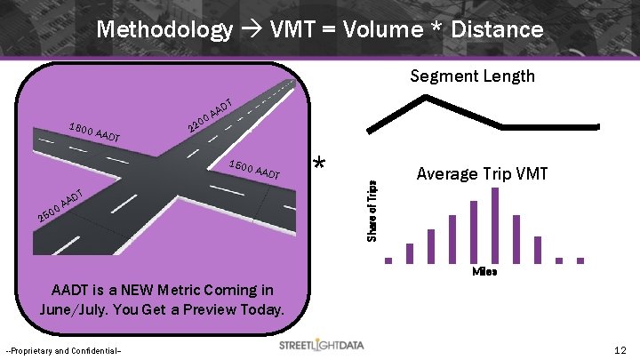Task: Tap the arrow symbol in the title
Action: pos(248,30)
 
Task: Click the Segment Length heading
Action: pos(472,76)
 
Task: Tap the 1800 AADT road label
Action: pos(94,132)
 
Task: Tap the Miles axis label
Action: pos(484,271)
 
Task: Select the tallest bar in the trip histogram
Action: pos(495,226)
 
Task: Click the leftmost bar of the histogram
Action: pos(388,260)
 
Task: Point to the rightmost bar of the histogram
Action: pos(580,260)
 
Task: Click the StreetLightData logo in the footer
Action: pos(321,345)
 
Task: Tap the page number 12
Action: pos(620,350)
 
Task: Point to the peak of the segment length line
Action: pos(430,99)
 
